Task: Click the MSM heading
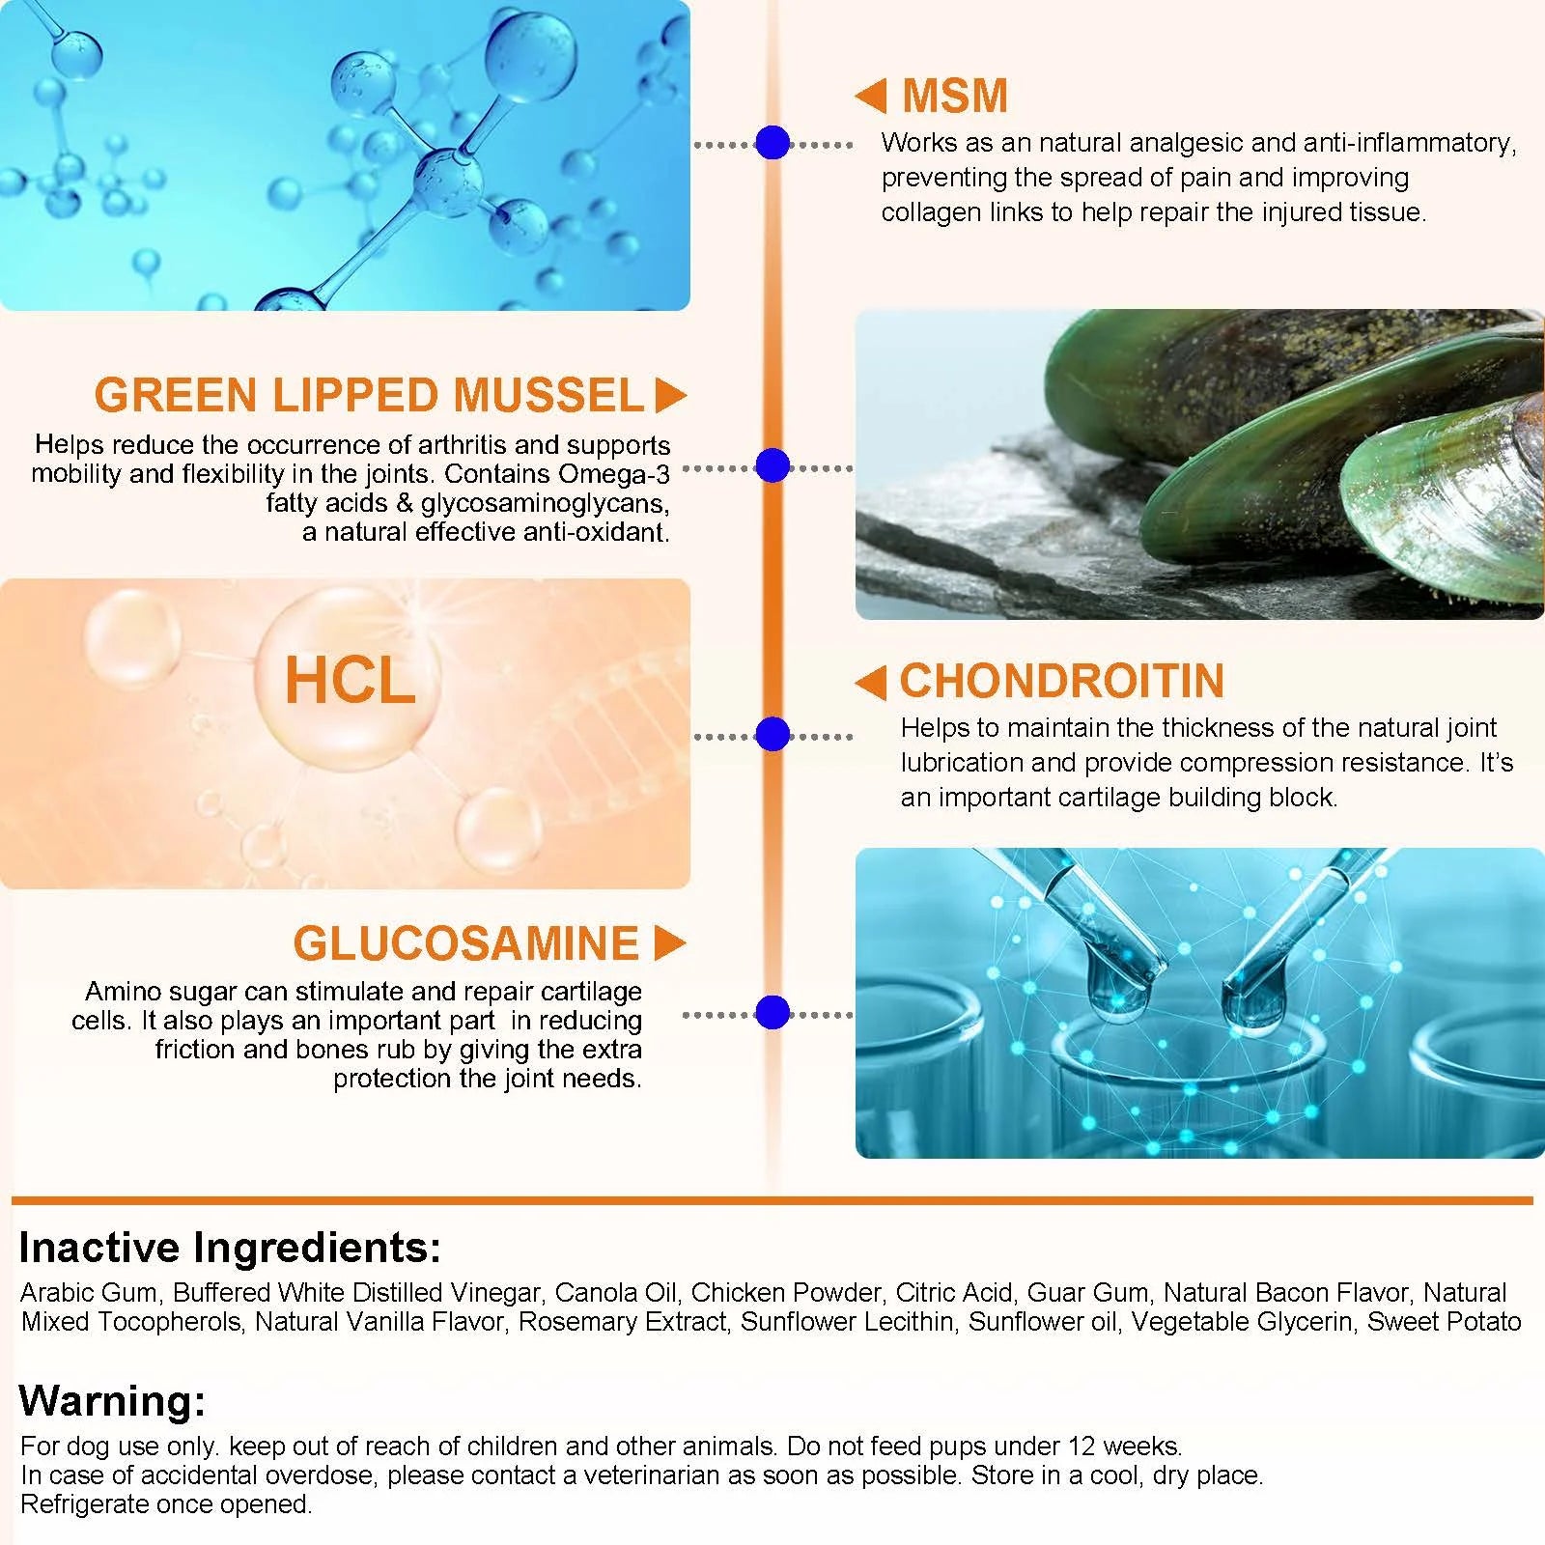coord(955,96)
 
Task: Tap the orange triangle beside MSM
coord(871,96)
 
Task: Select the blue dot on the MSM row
coord(772,143)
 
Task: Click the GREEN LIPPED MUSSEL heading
coord(369,395)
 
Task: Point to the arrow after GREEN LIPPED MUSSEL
coord(670,395)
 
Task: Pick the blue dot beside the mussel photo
coord(772,465)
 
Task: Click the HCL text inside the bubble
coord(350,681)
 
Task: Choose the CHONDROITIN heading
coord(1062,681)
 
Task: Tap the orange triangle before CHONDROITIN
coord(871,683)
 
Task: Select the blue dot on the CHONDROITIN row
coord(772,734)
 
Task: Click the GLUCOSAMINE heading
coord(466,943)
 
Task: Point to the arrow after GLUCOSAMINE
coord(670,943)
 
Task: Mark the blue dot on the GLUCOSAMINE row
coord(772,1012)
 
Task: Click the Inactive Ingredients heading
coord(230,1248)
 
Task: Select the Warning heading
coord(112,1400)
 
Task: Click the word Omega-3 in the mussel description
coord(614,474)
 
